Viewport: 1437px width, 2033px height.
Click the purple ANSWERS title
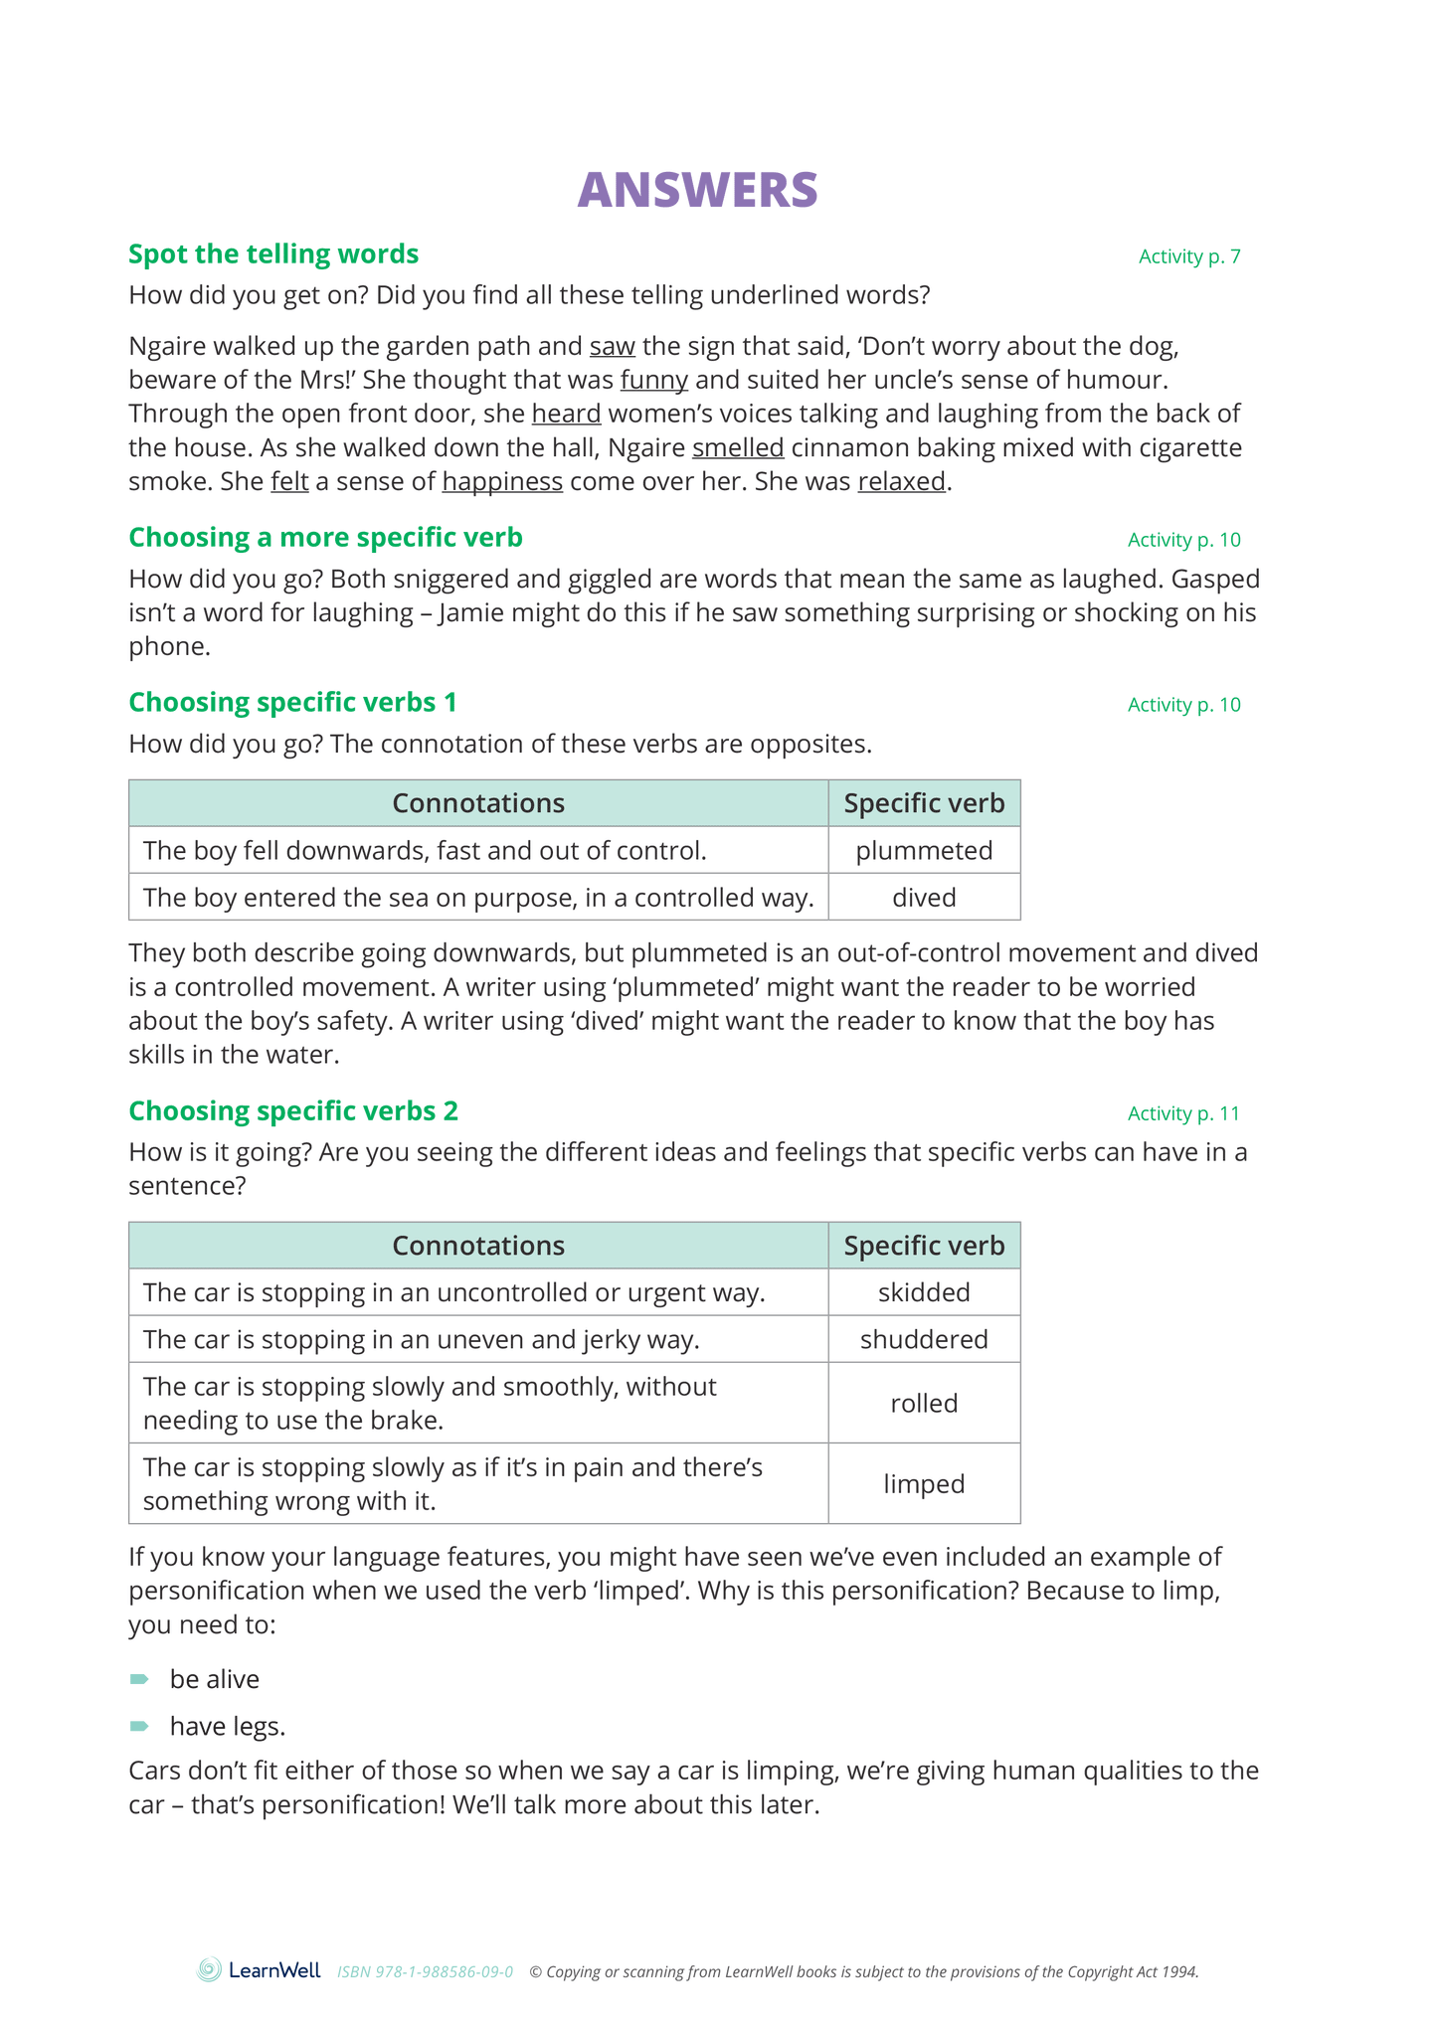coord(697,190)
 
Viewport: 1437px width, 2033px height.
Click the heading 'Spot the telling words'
coord(273,254)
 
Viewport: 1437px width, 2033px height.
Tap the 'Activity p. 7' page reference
coord(1189,256)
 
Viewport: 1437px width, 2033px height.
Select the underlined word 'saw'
coord(612,347)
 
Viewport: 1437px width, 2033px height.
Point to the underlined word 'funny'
coord(653,381)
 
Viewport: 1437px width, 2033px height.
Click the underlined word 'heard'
coord(566,415)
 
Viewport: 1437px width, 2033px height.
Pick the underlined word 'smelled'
coord(738,448)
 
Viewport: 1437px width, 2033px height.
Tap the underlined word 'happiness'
coord(502,482)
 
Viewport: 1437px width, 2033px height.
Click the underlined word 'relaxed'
coord(901,482)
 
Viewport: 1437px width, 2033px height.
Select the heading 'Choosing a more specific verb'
coord(325,538)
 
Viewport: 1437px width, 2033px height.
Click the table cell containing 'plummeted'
coord(924,851)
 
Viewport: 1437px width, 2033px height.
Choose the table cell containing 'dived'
coord(924,898)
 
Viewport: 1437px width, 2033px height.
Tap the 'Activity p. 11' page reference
coord(1183,1113)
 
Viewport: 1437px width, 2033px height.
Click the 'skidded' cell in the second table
coord(924,1292)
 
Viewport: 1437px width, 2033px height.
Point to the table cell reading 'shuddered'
coord(924,1339)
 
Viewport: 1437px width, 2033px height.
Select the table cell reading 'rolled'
coord(924,1403)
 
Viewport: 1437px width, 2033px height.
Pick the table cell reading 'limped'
coord(924,1483)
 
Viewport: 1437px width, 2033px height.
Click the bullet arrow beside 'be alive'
coord(139,1679)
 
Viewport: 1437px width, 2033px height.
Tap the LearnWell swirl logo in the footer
coord(210,1969)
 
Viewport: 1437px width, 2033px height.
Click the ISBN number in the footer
coord(425,1972)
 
